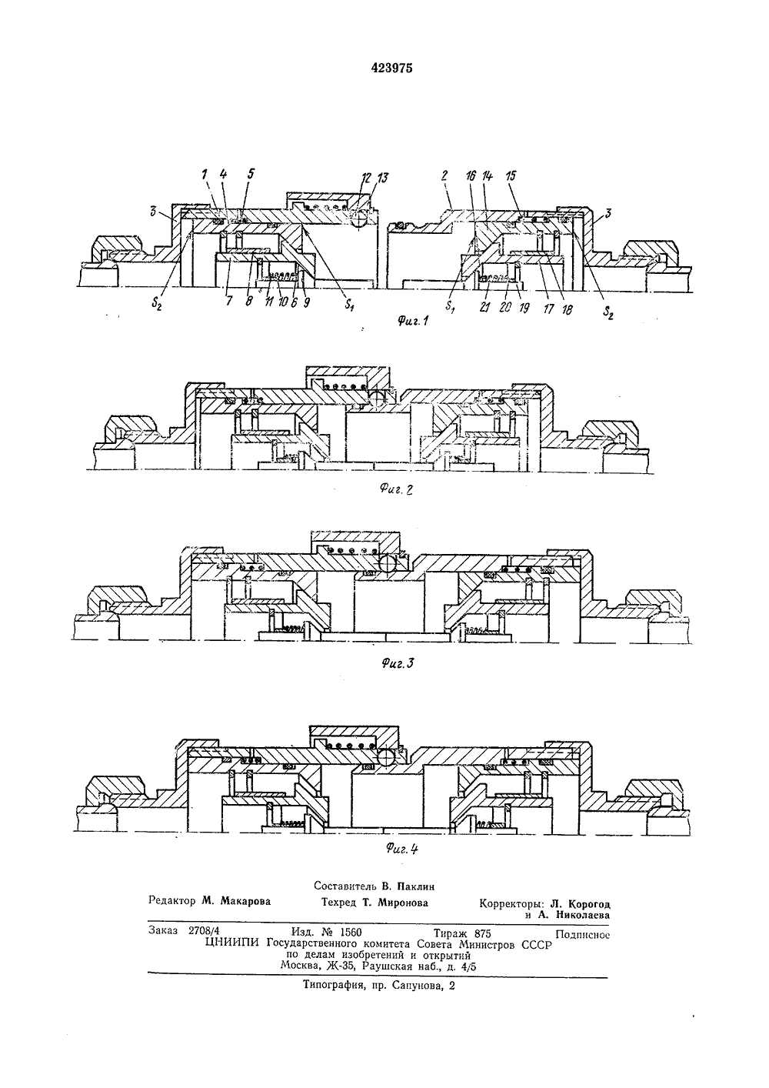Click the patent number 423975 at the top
point(391,68)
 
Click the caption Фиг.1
point(413,321)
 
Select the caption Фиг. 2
point(396,489)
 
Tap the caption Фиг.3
point(398,663)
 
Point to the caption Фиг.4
point(402,849)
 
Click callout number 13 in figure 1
point(382,178)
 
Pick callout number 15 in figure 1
point(511,176)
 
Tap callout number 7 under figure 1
point(229,301)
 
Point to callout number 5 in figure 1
point(251,174)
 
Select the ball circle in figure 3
point(390,566)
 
